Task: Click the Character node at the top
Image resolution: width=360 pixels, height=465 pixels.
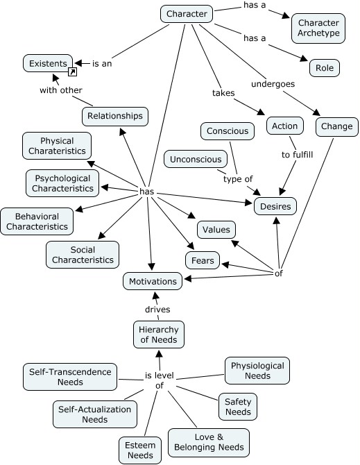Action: pos(185,13)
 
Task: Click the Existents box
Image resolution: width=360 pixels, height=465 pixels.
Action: pos(48,64)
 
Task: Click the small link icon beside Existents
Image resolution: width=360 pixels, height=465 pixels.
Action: pos(71,71)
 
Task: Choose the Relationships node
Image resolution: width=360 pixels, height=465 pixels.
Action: pos(115,116)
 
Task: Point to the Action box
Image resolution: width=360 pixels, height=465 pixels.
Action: pos(284,126)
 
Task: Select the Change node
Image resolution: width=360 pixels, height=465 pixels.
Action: pos(337,126)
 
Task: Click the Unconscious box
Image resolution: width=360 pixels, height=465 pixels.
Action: pos(196,159)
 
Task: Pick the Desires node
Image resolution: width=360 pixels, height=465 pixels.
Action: pos(275,205)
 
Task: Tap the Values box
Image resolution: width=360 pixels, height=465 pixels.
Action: pos(216,230)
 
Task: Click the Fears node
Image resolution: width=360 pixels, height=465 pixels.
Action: pos(203,260)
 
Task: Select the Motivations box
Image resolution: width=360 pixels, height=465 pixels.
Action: pos(154,281)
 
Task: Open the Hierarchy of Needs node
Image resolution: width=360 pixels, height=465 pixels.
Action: pos(158,334)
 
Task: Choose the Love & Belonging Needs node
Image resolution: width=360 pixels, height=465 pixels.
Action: pos(208,442)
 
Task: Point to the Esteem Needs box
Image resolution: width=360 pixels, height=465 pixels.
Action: pos(140,449)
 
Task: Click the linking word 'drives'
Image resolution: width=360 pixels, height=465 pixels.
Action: pos(157,309)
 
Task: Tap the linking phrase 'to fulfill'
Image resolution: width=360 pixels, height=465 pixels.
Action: pos(297,154)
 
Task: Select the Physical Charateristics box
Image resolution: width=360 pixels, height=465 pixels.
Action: pos(56,146)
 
